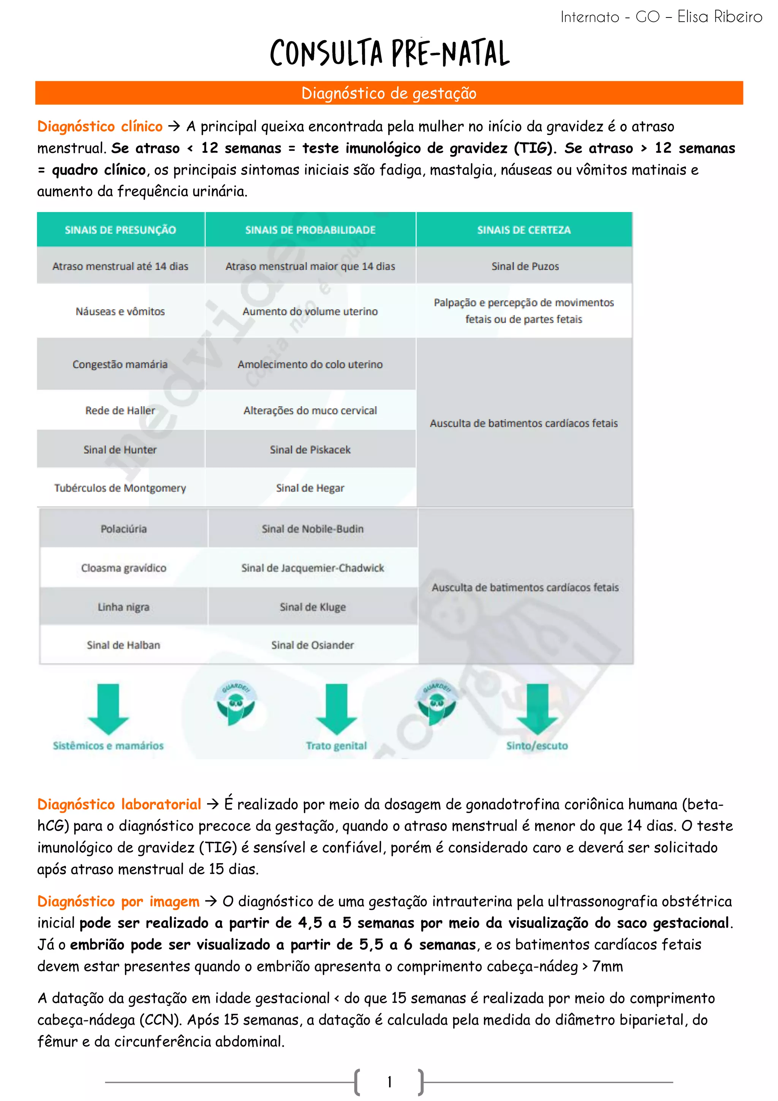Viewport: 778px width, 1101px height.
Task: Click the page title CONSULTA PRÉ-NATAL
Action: pos(389,53)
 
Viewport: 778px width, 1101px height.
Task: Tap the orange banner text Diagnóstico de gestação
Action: pos(389,93)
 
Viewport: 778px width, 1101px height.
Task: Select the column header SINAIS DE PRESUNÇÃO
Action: pos(120,230)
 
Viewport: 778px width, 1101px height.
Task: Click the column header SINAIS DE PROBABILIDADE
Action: pos(310,230)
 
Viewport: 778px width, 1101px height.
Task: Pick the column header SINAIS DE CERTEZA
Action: pos(524,230)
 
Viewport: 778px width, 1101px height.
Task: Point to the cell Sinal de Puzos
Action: pos(525,266)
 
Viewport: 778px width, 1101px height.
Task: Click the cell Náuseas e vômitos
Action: pos(120,311)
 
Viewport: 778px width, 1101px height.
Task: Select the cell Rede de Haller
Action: pos(120,410)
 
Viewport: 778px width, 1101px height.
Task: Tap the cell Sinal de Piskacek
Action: pos(310,450)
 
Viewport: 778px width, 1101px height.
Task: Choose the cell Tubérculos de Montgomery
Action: pos(120,488)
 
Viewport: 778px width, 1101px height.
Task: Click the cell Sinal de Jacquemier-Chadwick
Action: pos(313,568)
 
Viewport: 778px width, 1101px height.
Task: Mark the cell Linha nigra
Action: pos(124,607)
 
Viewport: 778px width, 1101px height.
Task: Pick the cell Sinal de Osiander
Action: pos(313,645)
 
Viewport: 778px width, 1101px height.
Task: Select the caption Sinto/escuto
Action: pos(537,746)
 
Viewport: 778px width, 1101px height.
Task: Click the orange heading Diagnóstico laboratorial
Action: pos(119,804)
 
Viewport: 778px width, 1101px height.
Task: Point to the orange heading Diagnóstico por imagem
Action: pos(119,902)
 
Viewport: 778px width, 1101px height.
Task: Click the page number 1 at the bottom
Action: pos(389,1081)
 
